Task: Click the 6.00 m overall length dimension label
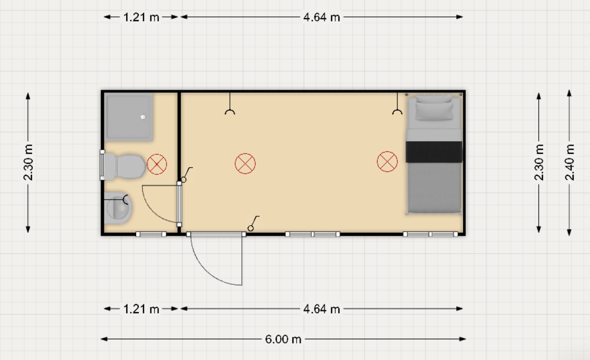283,339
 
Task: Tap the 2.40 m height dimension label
570,162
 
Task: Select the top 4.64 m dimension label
321,17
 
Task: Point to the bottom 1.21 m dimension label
141,309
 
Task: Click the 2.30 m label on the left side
28,162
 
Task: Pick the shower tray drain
143,117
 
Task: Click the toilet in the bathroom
124,166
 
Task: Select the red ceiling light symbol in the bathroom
157,164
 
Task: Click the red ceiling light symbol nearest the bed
387,161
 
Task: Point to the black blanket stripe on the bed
434,152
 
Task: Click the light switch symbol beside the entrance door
253,224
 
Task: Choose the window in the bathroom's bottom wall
151,234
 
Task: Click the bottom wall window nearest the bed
430,234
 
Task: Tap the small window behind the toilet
102,165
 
